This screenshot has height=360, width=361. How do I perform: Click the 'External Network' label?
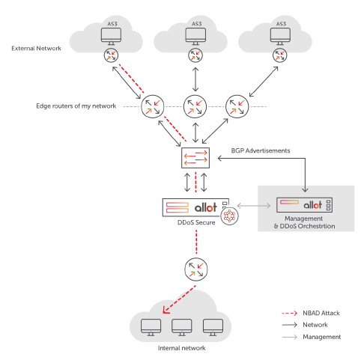[x=36, y=49]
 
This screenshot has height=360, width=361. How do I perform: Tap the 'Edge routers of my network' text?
[x=76, y=106]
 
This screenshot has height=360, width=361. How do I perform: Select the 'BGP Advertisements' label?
[x=261, y=150]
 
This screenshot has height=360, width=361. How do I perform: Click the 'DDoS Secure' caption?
[x=196, y=222]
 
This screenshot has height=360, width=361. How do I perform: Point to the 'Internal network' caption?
[x=182, y=348]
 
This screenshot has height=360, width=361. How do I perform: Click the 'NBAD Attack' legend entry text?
[x=321, y=313]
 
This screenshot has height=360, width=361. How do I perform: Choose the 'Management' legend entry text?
[x=322, y=337]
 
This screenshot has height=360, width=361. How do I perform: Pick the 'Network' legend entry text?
[x=315, y=325]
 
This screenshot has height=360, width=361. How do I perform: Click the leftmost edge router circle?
[x=153, y=106]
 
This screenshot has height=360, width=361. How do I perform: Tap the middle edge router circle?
[x=195, y=106]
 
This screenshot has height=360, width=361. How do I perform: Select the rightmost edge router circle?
[x=237, y=106]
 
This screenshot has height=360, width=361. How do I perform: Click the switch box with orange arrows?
[x=195, y=158]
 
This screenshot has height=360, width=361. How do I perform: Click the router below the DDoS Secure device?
[x=196, y=269]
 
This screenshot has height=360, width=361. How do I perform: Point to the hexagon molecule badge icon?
[x=229, y=216]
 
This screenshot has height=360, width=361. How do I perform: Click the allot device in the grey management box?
[x=304, y=205]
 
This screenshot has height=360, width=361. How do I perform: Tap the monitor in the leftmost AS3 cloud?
[x=112, y=37]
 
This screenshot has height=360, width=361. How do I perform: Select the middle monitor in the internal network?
[x=182, y=327]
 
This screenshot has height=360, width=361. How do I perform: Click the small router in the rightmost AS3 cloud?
[x=280, y=55]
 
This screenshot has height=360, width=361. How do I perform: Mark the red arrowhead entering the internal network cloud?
[x=166, y=311]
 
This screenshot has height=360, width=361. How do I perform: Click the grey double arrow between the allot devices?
[x=254, y=206]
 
